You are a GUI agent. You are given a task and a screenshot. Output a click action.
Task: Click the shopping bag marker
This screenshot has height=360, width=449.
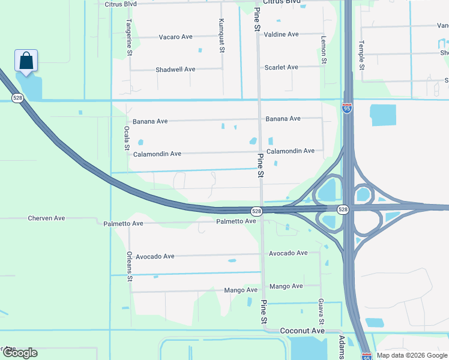(26, 61)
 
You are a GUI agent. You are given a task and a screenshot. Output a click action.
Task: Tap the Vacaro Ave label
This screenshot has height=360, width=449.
(175, 37)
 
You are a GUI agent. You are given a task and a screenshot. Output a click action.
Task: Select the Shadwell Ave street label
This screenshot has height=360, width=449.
(175, 70)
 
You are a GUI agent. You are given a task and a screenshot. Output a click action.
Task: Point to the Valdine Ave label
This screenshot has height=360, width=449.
(281, 34)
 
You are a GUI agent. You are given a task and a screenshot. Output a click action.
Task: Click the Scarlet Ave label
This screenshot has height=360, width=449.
(281, 67)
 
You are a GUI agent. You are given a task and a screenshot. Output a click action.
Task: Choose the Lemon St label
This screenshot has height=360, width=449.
(324, 49)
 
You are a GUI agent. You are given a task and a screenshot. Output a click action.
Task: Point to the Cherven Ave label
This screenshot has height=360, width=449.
(46, 218)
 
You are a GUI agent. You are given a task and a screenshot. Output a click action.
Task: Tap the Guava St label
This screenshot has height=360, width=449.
(321, 308)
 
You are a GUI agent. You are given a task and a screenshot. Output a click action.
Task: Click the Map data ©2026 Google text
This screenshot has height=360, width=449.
(412, 355)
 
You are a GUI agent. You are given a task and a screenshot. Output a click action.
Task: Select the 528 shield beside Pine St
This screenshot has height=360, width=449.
(256, 211)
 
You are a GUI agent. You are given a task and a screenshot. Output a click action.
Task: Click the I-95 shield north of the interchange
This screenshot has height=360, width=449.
(347, 108)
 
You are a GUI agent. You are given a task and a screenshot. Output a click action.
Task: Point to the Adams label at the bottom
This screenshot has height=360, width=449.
(342, 347)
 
